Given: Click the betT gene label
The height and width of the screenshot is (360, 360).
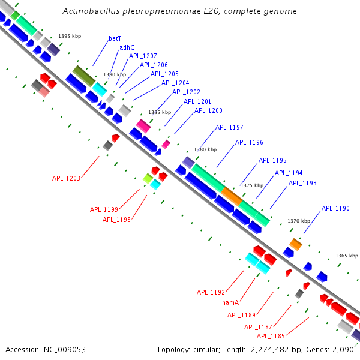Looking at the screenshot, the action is [x=115, y=38].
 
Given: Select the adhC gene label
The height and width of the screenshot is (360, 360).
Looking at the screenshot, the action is [x=127, y=47].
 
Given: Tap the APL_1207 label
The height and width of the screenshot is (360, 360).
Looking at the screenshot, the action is [x=143, y=56].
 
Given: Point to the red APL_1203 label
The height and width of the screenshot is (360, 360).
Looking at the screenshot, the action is [x=66, y=178].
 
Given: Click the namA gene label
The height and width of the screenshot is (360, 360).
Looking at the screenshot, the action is [x=230, y=302].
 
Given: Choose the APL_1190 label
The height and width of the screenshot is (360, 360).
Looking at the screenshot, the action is [x=335, y=208].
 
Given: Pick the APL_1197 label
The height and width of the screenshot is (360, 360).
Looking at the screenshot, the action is [x=229, y=127].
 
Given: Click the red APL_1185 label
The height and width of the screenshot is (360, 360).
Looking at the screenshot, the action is [x=271, y=336].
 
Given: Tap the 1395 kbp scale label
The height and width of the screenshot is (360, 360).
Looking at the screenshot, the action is [x=70, y=36].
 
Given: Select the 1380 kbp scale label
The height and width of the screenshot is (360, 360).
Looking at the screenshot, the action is [x=205, y=149].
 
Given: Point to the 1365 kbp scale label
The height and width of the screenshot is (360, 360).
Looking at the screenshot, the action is [x=347, y=256].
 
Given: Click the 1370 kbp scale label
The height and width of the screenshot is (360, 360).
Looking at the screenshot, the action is [x=299, y=221].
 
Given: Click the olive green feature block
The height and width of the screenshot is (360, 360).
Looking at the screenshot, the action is [x=84, y=76].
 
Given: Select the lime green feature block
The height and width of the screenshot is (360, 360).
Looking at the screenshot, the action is [x=148, y=178].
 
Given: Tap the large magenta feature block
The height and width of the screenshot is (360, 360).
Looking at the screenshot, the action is [x=143, y=126].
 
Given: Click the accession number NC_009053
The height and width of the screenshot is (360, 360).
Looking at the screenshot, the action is [x=65, y=350].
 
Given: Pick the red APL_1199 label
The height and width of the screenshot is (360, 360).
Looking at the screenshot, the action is [x=104, y=209].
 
